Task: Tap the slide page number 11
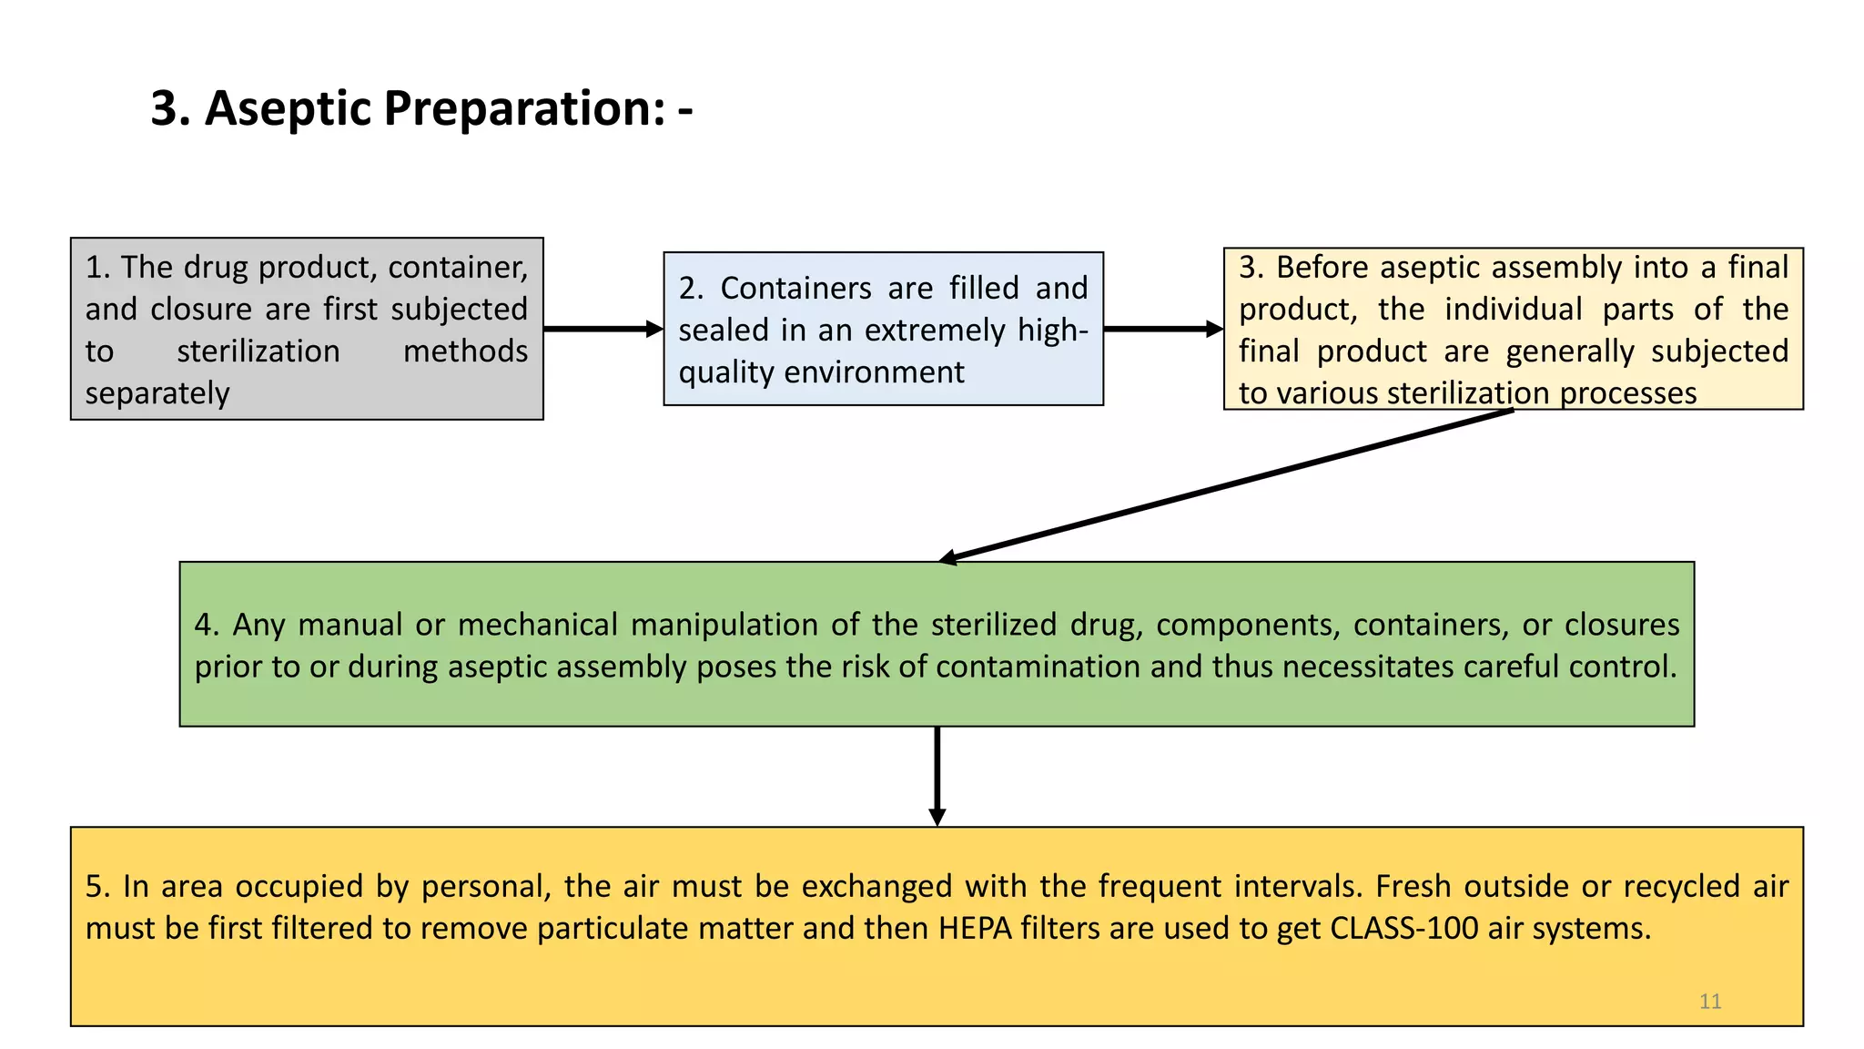1709,1002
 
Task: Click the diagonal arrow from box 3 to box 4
1229,485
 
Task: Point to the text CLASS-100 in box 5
1403,928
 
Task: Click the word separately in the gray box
157,393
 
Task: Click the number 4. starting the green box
206,625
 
